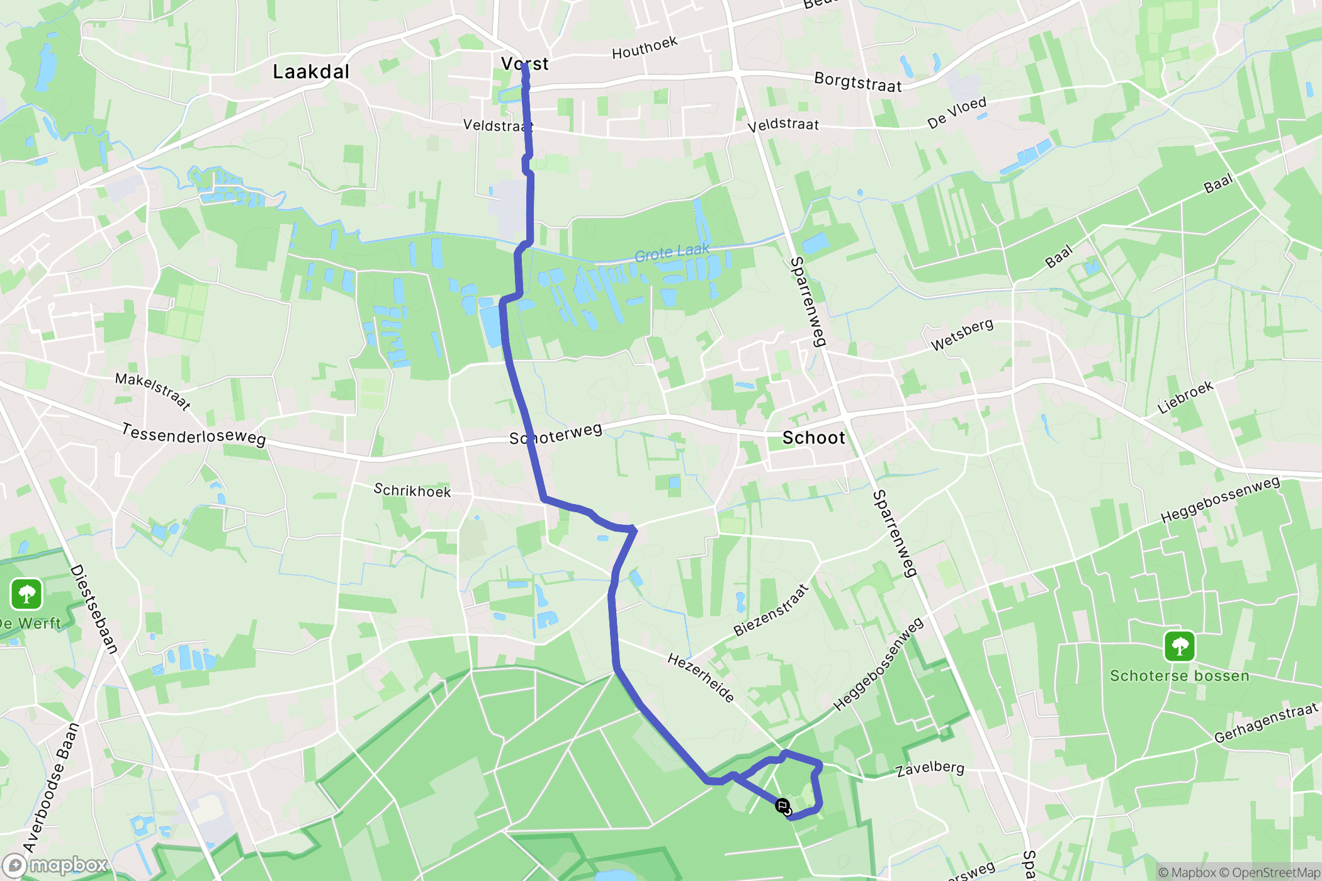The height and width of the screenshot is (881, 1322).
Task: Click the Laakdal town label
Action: pyautogui.click(x=310, y=72)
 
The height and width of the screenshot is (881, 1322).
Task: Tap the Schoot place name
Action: pyautogui.click(x=813, y=438)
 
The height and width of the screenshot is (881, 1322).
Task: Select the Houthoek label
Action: pyautogui.click(x=645, y=48)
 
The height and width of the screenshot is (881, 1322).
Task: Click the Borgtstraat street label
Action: pyautogui.click(x=857, y=82)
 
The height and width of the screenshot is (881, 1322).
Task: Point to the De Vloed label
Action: pyautogui.click(x=956, y=113)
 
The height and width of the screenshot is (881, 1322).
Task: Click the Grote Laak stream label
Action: pyautogui.click(x=672, y=252)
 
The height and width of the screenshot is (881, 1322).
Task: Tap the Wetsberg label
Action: pyautogui.click(x=962, y=334)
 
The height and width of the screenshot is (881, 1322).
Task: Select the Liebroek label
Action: pyautogui.click(x=1185, y=397)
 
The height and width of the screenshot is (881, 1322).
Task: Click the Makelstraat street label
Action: pyautogui.click(x=153, y=391)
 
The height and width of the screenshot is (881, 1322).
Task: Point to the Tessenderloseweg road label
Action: pyautogui.click(x=193, y=434)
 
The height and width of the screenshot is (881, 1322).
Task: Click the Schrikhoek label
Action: pyautogui.click(x=412, y=490)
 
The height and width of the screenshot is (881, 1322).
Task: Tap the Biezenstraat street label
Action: pyautogui.click(x=771, y=610)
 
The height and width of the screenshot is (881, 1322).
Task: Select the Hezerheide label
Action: pyautogui.click(x=701, y=678)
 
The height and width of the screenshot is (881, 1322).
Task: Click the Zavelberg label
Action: pyautogui.click(x=930, y=768)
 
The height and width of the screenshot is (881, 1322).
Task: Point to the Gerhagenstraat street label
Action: pyautogui.click(x=1265, y=723)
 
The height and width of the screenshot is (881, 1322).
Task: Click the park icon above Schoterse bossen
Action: pyautogui.click(x=1179, y=646)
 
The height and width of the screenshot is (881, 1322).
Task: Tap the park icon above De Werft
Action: pyautogui.click(x=26, y=594)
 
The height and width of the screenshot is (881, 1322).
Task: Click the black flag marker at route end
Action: pyautogui.click(x=782, y=806)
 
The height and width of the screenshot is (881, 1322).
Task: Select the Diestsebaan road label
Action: pyautogui.click(x=94, y=609)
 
